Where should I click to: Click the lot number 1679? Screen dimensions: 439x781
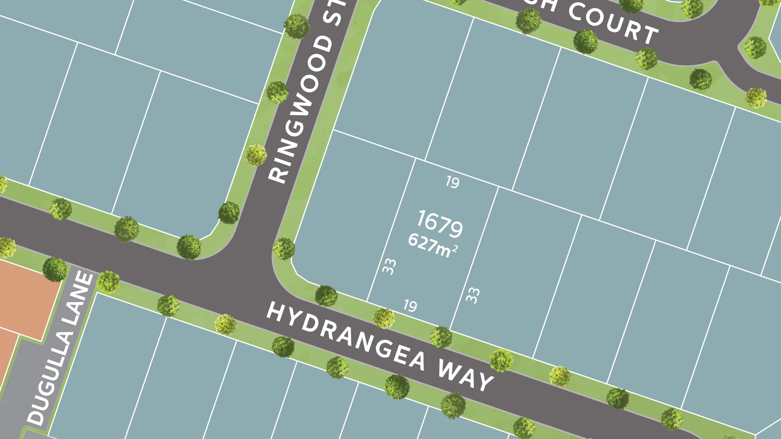440,224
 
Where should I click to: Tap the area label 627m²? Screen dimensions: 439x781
433,245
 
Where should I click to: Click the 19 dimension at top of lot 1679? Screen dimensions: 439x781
453,182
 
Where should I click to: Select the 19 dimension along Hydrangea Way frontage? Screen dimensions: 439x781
410,306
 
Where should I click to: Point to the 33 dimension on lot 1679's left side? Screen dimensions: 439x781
389,267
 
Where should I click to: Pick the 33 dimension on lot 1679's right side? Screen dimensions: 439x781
473,295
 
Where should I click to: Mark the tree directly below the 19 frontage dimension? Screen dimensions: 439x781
384,318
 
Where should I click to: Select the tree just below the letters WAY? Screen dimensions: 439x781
453,405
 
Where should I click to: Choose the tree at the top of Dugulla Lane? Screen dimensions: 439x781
55,269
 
